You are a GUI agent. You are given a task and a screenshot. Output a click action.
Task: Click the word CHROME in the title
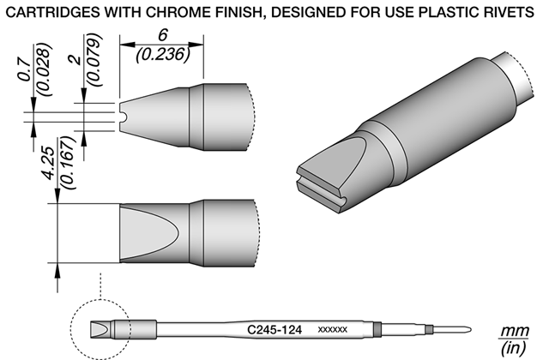177,13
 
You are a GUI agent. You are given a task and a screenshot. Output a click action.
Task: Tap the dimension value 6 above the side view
162,35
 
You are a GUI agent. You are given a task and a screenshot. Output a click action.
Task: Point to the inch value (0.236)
163,55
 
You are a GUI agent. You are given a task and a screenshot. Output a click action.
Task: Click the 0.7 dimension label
24,70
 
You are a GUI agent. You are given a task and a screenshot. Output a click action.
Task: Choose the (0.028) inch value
45,69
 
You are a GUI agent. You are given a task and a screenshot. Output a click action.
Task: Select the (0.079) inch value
94,59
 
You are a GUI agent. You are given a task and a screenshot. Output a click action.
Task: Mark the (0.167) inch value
68,163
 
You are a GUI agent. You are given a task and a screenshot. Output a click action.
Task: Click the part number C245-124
274,329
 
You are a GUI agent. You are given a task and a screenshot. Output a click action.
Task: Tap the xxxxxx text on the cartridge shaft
332,329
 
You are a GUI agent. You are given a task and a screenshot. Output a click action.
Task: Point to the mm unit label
515,331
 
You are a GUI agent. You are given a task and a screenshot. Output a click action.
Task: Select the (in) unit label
514,347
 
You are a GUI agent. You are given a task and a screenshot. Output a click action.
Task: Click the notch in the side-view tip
122,117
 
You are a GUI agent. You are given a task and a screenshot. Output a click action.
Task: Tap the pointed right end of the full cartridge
471,329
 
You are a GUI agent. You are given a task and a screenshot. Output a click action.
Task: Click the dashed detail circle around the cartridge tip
70,329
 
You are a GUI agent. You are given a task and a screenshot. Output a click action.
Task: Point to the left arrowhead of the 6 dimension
127,45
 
